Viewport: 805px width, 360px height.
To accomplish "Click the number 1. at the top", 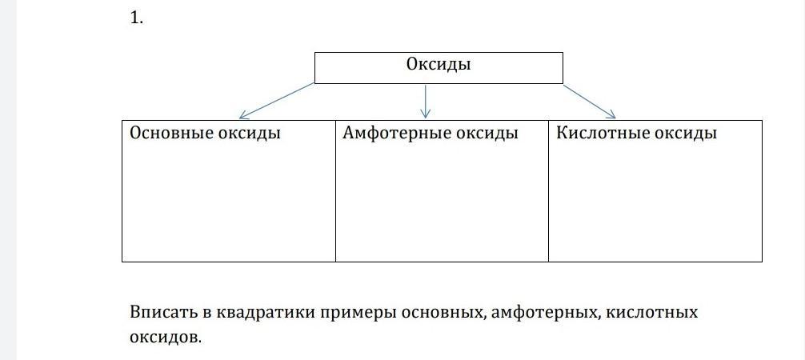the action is (136, 18).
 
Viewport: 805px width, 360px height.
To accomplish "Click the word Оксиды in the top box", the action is (439, 65).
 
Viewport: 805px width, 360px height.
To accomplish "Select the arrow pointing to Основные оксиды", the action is (277, 101).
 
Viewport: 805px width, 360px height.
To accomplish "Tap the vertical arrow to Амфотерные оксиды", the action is (425, 101).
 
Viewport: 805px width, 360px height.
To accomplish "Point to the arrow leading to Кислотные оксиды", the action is (590, 101).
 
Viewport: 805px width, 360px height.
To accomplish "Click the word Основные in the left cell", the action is (171, 134).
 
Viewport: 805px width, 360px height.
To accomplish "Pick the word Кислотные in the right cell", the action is (603, 134).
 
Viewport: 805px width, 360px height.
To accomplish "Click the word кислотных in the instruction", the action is (652, 314).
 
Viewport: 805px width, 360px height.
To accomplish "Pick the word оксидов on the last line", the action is (164, 338).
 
